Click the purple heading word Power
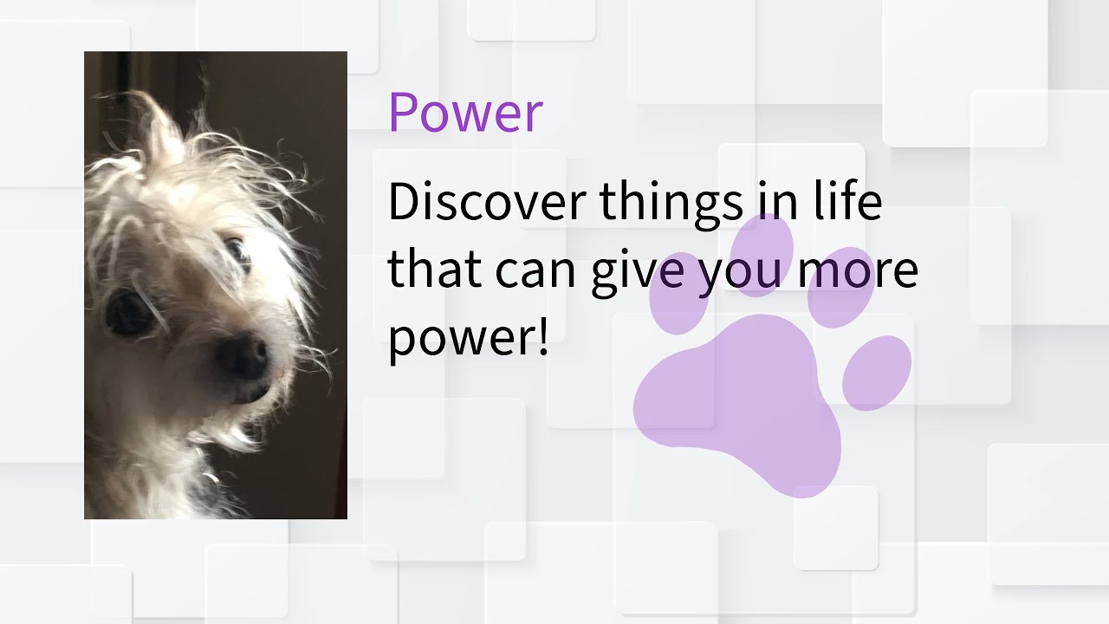point(465,113)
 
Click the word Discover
point(487,203)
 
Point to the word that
point(435,270)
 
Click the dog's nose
point(243,355)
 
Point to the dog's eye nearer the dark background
point(237,251)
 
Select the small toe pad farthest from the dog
point(877,372)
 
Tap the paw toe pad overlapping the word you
point(762,254)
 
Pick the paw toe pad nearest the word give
point(678,293)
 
